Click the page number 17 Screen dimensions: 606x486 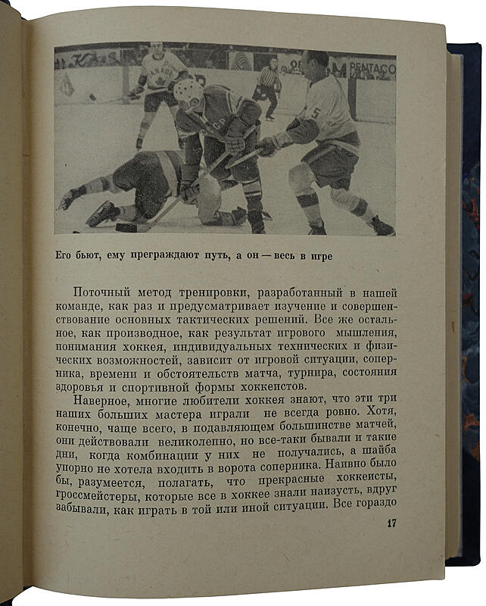[391, 523]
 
